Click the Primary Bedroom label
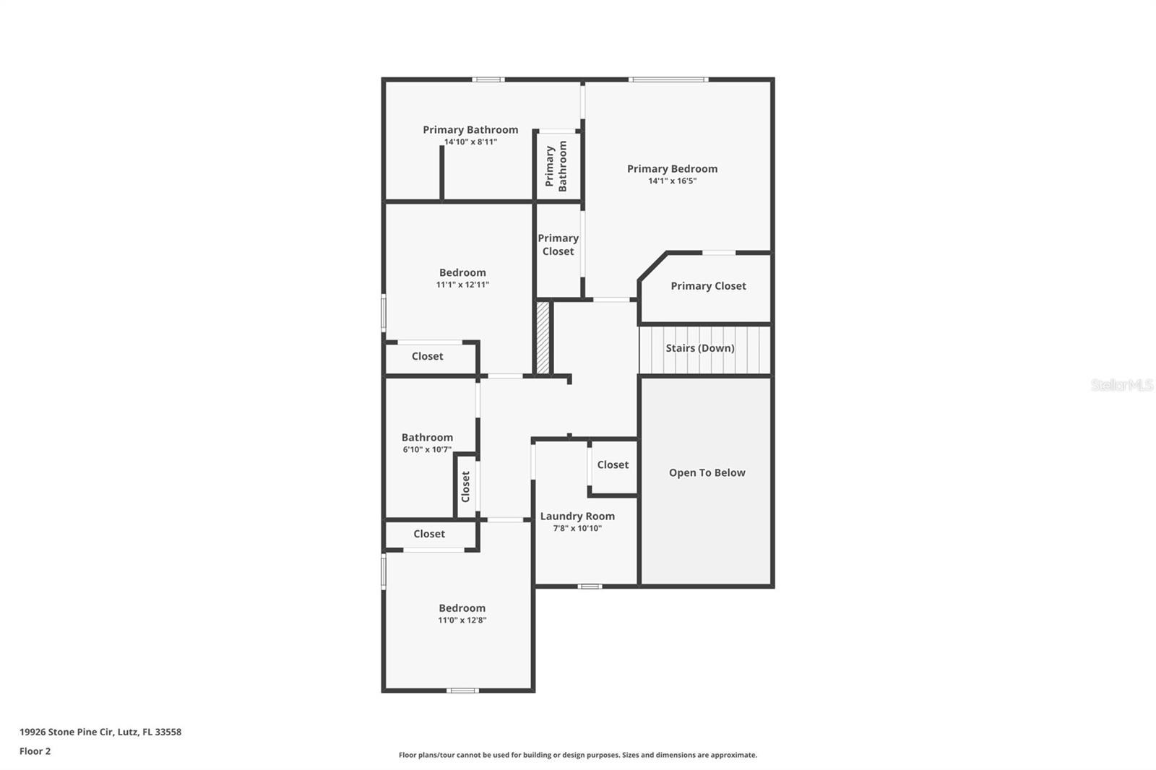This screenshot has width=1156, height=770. [x=672, y=169]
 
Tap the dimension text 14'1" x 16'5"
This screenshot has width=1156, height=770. [x=672, y=181]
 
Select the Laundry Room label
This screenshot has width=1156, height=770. [x=577, y=516]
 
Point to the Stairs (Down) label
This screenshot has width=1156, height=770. [x=700, y=348]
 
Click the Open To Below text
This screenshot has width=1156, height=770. [x=707, y=473]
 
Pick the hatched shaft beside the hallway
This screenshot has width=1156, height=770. [x=543, y=337]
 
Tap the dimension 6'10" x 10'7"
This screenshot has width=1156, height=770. [x=427, y=450]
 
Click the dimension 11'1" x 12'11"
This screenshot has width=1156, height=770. [x=462, y=285]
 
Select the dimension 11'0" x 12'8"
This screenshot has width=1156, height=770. [x=462, y=620]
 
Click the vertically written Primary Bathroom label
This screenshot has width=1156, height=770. [x=556, y=165]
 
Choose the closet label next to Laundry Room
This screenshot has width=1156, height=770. [x=613, y=465]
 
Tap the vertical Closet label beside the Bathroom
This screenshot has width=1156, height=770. [x=465, y=486]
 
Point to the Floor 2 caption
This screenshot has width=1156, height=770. [x=35, y=751]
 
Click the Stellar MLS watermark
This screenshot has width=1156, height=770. [x=1121, y=385]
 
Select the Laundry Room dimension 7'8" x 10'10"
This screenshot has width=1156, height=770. [x=577, y=529]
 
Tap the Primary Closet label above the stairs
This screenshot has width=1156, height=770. [x=708, y=286]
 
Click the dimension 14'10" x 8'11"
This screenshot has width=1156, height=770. [x=470, y=142]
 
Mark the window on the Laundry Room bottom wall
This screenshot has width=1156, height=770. [x=590, y=586]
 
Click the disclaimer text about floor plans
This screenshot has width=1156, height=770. [x=578, y=755]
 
